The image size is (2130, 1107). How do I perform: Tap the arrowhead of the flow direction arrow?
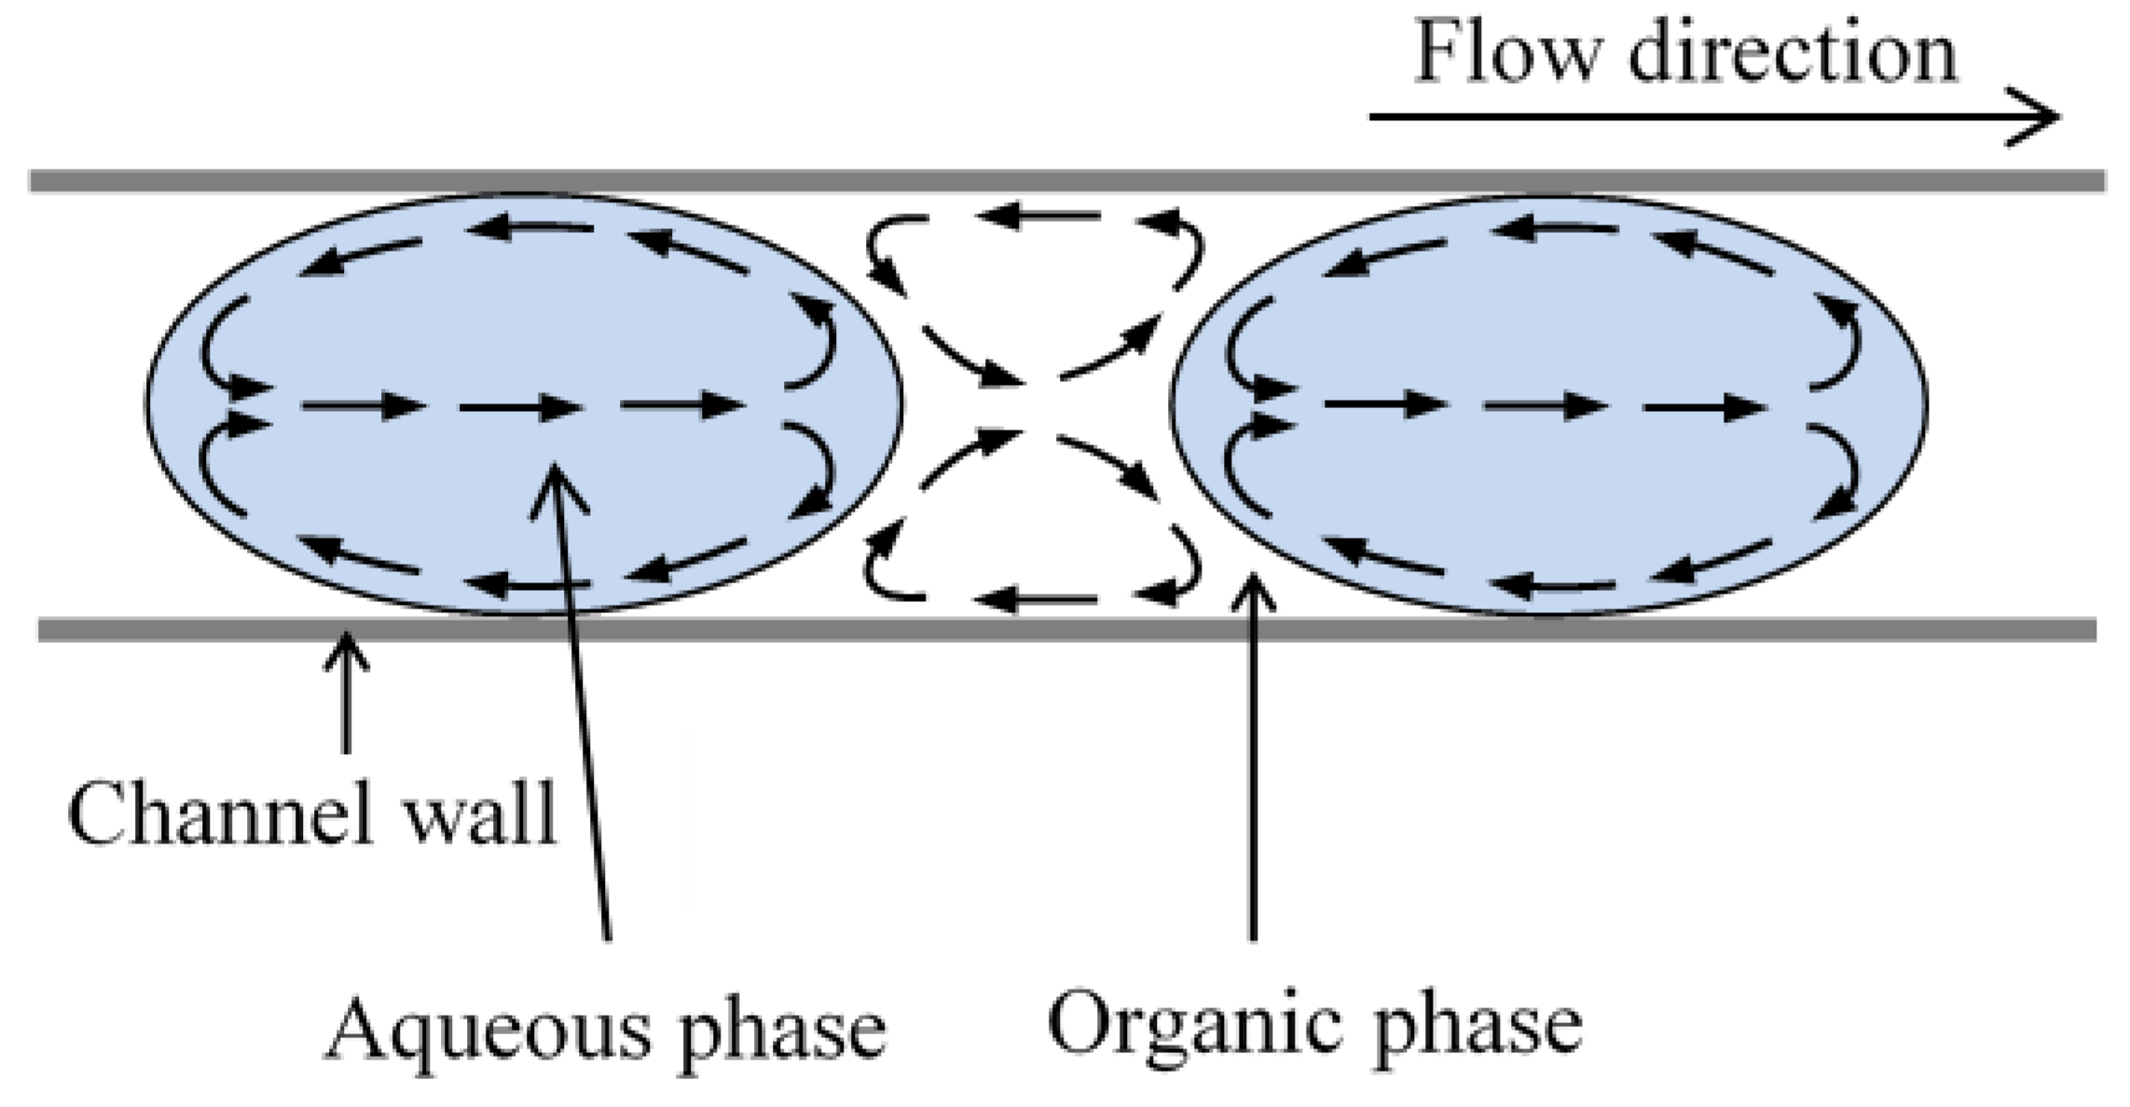point(2041,117)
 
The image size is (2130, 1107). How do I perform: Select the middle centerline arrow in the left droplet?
point(522,407)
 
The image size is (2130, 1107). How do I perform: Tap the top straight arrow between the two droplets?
point(1039,217)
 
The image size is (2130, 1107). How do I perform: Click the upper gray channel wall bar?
point(1063,181)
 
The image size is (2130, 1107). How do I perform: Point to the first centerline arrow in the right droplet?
point(1384,404)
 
